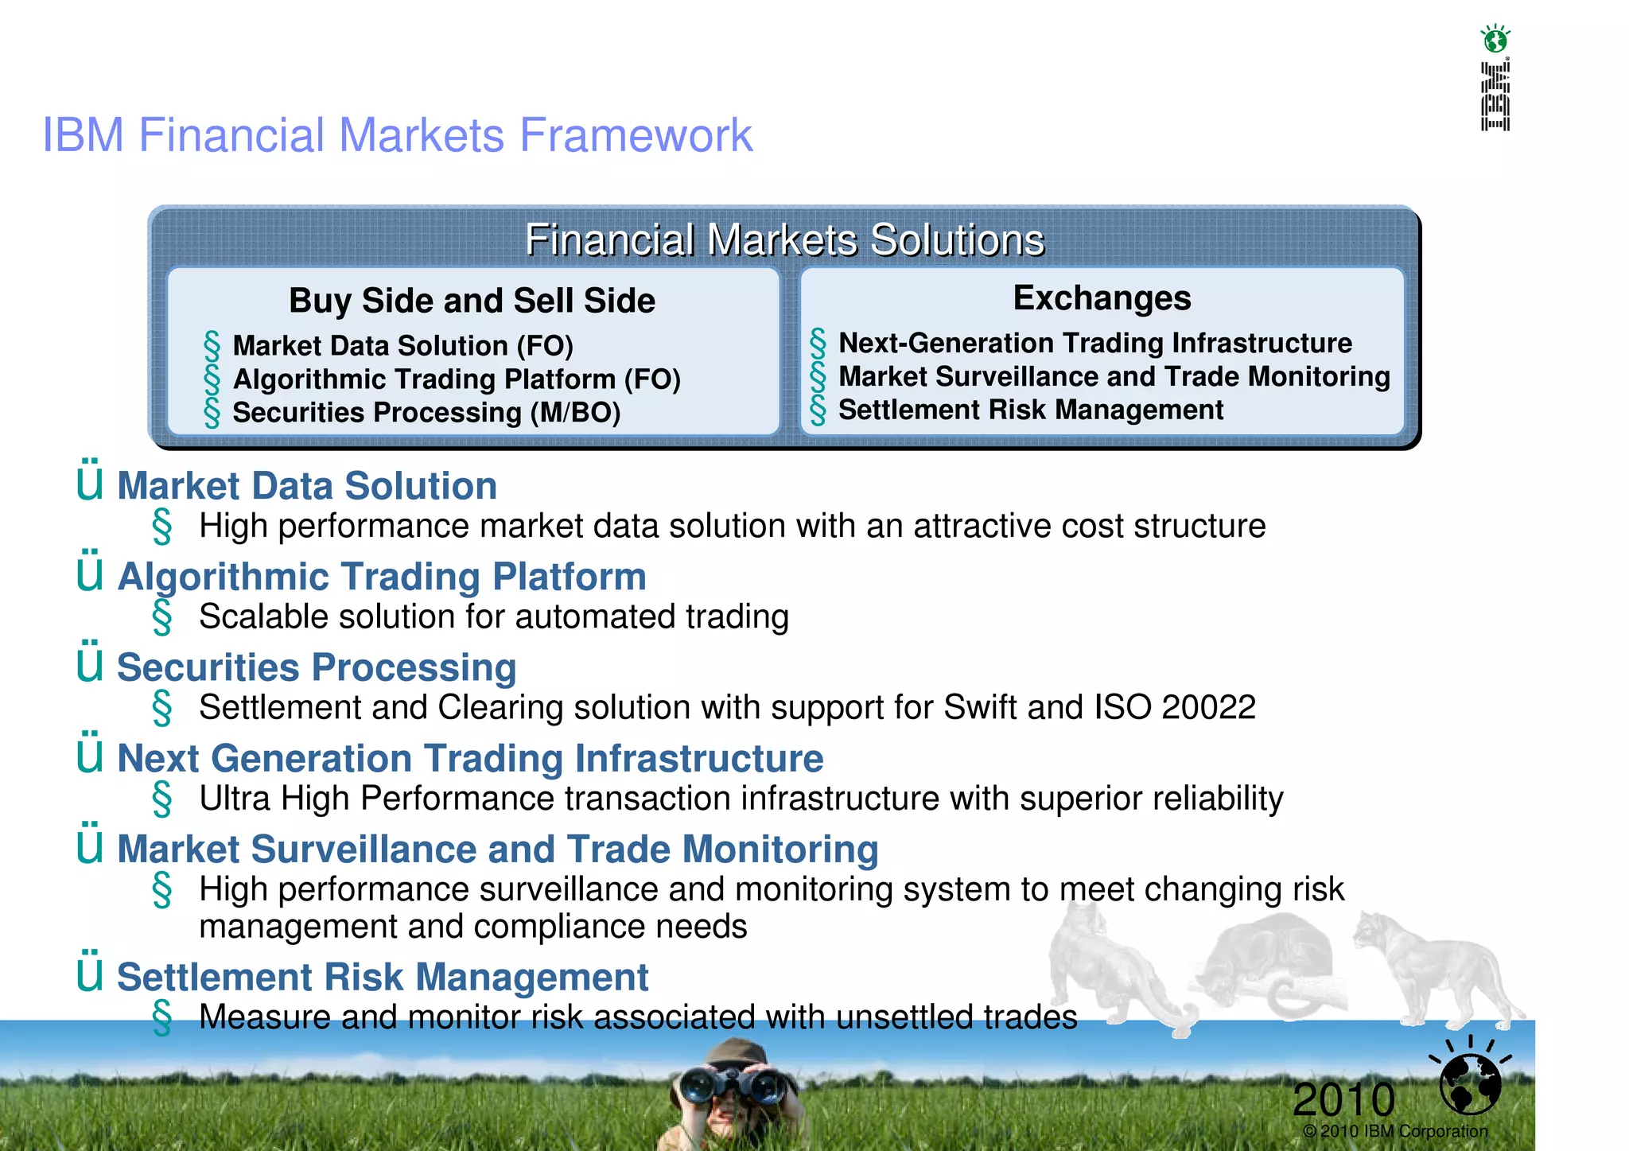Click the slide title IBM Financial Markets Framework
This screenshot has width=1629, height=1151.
(397, 135)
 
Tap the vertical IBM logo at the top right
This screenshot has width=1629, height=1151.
(1495, 96)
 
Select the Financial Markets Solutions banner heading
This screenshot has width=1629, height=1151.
(784, 240)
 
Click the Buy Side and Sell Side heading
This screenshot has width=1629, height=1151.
(472, 301)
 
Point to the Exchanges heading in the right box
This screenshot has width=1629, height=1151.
(1102, 298)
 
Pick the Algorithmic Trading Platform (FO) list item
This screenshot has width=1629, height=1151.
(457, 379)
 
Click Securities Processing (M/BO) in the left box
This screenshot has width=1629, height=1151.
(426, 413)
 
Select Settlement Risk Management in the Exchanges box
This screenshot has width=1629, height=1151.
(1030, 410)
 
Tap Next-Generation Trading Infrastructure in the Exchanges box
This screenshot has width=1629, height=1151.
(1094, 344)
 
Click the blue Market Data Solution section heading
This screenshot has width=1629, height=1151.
(307, 486)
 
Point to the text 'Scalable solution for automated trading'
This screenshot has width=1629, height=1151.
(493, 617)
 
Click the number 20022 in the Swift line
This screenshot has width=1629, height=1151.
(1208, 707)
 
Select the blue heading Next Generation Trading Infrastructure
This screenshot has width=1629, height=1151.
(470, 758)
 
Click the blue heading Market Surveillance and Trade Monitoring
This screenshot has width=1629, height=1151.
(497, 849)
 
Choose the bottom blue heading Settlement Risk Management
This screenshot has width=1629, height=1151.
(383, 978)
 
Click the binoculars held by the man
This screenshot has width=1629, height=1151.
(733, 1083)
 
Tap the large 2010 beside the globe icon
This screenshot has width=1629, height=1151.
(1343, 1100)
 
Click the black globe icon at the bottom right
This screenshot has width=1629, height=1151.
(1470, 1083)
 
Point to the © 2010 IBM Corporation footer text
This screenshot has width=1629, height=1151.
(1395, 1132)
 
